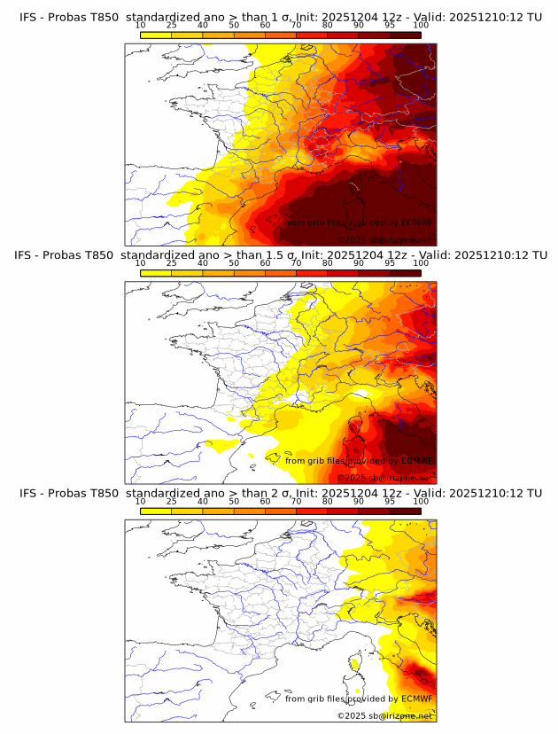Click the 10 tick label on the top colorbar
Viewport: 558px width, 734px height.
(140, 26)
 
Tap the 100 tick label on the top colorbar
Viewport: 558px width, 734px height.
(421, 26)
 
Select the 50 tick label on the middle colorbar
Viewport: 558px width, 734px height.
(234, 263)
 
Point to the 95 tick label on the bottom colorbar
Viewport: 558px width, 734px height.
(390, 501)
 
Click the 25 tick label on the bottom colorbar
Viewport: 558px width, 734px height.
(171, 501)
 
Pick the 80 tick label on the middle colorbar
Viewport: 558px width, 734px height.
(328, 263)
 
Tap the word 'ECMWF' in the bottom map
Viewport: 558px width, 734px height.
(416, 699)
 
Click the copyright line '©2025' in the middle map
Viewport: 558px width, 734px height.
(353, 478)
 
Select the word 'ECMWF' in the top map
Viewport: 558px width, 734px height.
(416, 223)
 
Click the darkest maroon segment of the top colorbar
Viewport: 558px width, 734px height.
(405, 34)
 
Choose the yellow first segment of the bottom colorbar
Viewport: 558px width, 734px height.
(156, 511)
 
